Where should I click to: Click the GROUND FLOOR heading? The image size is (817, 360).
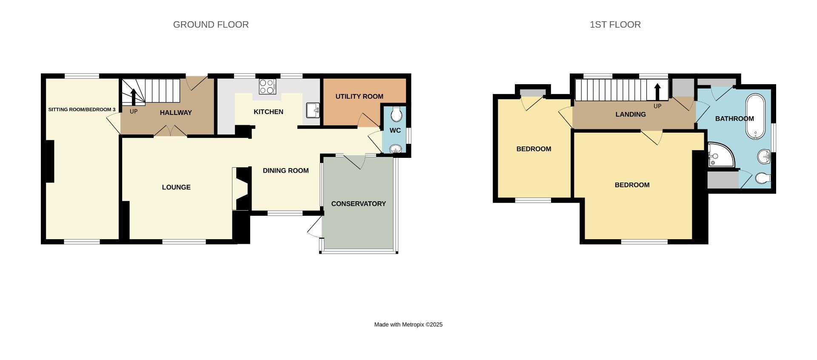(x=211, y=25)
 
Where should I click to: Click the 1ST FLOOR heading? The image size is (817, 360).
(x=615, y=25)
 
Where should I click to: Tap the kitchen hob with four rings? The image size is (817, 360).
(x=267, y=87)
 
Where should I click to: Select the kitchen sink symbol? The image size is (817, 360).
(x=313, y=110)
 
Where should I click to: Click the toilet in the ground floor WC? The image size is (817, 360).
(x=396, y=114)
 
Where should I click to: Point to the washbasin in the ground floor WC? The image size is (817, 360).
(x=395, y=149)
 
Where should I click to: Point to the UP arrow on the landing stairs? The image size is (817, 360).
(x=657, y=92)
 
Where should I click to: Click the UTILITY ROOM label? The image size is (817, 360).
(x=359, y=97)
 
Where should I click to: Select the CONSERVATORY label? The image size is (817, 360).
(x=358, y=204)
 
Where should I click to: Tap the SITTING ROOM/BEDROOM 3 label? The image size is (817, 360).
(x=82, y=110)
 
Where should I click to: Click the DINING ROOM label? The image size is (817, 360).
(x=286, y=171)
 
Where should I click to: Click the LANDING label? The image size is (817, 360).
(x=630, y=114)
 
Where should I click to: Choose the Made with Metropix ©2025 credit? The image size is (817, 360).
(x=408, y=325)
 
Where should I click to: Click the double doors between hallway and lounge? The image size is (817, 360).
(x=170, y=131)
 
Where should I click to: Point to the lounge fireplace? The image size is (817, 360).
(x=241, y=189)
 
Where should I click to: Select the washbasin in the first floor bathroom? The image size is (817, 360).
(x=764, y=157)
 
